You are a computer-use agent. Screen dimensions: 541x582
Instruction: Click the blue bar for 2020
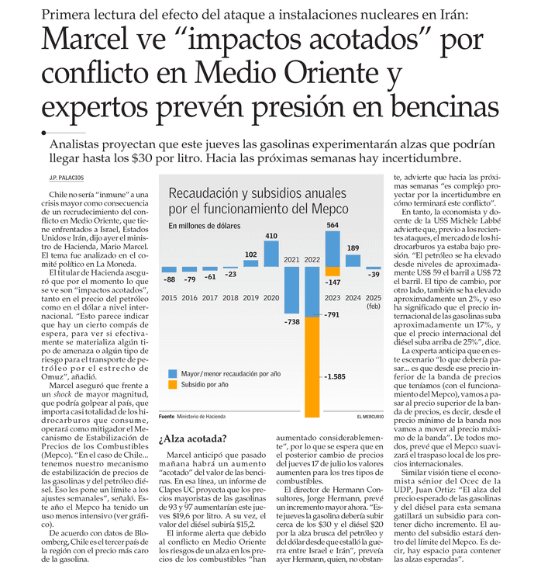click(271, 254)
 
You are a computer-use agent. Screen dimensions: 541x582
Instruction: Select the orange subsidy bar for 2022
click(312, 367)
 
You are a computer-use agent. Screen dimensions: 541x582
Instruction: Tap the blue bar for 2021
click(291, 290)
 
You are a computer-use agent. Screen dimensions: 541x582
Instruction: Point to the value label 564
click(333, 225)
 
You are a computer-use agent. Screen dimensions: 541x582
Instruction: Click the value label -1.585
click(335, 376)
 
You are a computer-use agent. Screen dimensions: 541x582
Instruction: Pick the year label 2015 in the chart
click(169, 298)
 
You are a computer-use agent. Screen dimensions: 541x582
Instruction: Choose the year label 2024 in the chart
click(353, 298)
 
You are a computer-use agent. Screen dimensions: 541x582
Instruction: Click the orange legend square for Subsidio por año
click(172, 385)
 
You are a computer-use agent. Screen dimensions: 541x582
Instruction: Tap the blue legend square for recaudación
click(172, 374)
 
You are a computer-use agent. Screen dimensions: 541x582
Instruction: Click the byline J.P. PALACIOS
click(67, 178)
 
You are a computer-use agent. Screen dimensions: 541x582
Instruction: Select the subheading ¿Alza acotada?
click(192, 438)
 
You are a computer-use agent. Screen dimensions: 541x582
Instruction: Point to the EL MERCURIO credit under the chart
click(370, 417)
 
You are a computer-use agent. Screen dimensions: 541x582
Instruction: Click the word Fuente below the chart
click(167, 417)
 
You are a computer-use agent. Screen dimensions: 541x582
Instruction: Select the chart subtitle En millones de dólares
click(205, 226)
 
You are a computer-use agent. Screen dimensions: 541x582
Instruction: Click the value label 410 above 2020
click(271, 236)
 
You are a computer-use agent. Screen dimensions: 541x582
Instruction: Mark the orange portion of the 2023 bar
click(333, 272)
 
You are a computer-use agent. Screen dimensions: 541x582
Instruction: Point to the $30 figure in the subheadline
click(142, 158)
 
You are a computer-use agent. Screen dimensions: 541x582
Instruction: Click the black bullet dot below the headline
click(43, 133)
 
